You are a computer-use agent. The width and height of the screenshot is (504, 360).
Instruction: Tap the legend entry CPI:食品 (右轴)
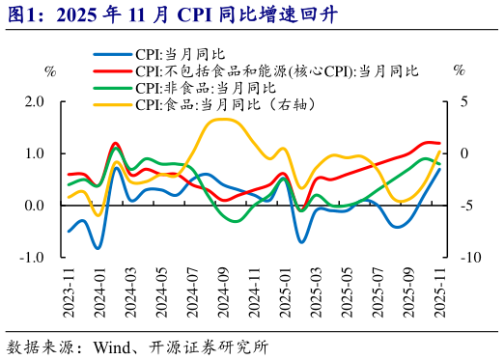tap(226, 103)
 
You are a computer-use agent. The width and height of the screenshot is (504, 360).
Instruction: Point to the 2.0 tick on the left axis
tap(35, 101)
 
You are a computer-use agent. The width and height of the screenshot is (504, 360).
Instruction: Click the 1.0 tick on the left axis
tap(35, 153)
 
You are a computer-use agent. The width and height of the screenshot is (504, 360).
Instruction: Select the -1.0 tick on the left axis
tap(32, 257)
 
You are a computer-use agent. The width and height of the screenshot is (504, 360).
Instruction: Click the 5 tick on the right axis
tap(464, 101)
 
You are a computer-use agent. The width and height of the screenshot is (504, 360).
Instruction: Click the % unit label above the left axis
tap(50, 70)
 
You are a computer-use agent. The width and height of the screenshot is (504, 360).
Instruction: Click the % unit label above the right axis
tap(460, 70)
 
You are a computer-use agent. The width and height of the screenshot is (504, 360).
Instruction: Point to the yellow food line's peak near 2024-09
tap(222, 120)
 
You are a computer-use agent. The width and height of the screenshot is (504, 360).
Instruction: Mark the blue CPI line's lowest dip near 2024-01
tap(98, 248)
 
